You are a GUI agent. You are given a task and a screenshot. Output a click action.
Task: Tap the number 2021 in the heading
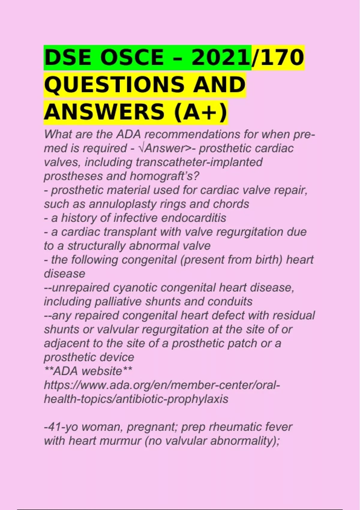pos(220,58)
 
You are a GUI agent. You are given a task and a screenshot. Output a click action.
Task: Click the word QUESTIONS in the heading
pos(114,85)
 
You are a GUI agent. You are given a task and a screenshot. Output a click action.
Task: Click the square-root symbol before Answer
pos(141,148)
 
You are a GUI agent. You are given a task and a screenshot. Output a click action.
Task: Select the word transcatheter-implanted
pos(199,162)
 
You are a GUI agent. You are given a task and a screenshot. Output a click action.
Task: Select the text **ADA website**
pos(88,371)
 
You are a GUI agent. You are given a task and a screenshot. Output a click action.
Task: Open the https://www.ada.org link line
pos(162,385)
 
